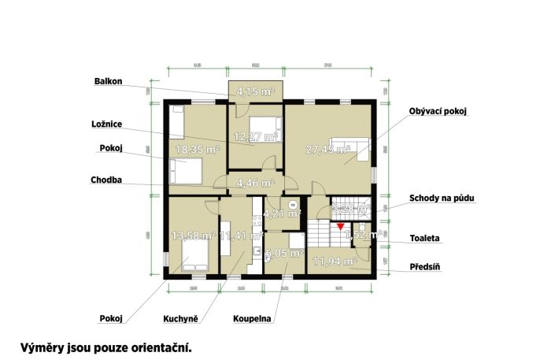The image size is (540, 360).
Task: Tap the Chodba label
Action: point(106,180)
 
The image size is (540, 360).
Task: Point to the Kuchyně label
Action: point(180,319)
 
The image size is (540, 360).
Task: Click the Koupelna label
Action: point(253,319)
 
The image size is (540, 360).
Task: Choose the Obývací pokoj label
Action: point(438,112)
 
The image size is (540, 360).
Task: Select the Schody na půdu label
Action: point(446,198)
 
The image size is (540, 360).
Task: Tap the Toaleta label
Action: point(425,237)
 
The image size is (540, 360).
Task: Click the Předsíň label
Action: point(424,267)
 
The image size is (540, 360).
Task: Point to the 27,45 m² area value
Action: point(327,150)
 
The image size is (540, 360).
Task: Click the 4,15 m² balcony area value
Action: point(256,93)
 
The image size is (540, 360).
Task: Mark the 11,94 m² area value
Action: point(335,260)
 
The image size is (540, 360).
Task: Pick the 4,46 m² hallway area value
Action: point(255,184)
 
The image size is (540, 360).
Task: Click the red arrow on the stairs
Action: point(339,227)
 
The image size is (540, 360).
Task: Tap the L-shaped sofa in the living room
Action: point(352,148)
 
